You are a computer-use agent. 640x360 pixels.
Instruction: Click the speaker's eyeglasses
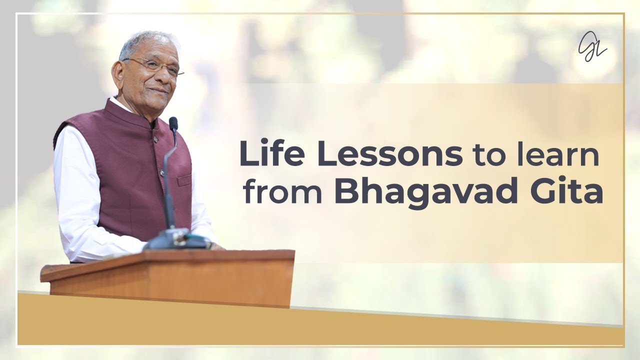click(x=152, y=66)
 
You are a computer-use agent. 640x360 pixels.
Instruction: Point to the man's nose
click(x=164, y=77)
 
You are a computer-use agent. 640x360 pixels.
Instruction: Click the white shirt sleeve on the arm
click(x=80, y=200)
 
